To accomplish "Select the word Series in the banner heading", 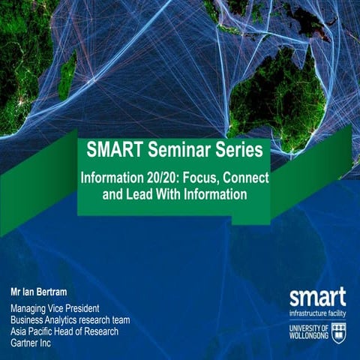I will (238, 151).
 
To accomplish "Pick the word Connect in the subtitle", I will (248, 180).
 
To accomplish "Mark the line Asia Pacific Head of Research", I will (64, 330).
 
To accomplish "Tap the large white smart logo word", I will (317, 295).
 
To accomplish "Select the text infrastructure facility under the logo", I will (317, 310).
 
